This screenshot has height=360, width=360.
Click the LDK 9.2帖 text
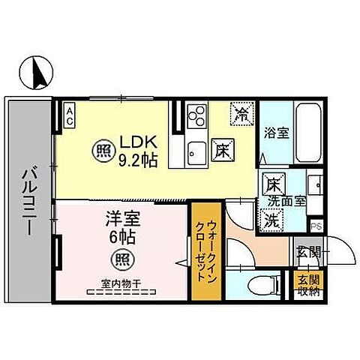pos(137,150)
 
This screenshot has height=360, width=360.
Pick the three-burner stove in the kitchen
pos(198,115)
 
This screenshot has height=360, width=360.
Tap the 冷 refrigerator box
pos(241,114)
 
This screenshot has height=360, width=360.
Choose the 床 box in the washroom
pos(272,183)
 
